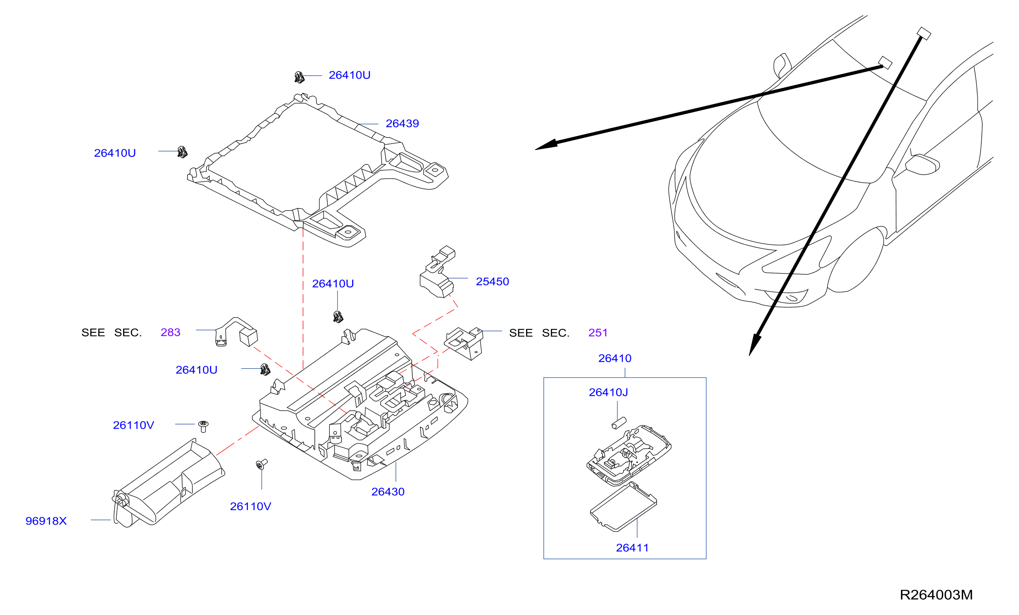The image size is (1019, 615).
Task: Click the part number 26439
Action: [x=402, y=123]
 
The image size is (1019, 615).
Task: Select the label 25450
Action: [x=493, y=282]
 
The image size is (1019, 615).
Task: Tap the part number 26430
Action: [x=388, y=492]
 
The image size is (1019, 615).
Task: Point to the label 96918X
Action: [x=46, y=521]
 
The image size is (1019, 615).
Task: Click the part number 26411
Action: [x=632, y=548]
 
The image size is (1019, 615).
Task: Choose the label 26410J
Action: [x=608, y=392]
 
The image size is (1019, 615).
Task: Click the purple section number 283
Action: [x=170, y=332]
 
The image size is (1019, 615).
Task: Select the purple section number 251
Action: [x=598, y=333]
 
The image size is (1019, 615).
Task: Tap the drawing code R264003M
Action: [x=936, y=595]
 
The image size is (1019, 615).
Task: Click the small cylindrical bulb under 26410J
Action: [x=619, y=424]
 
